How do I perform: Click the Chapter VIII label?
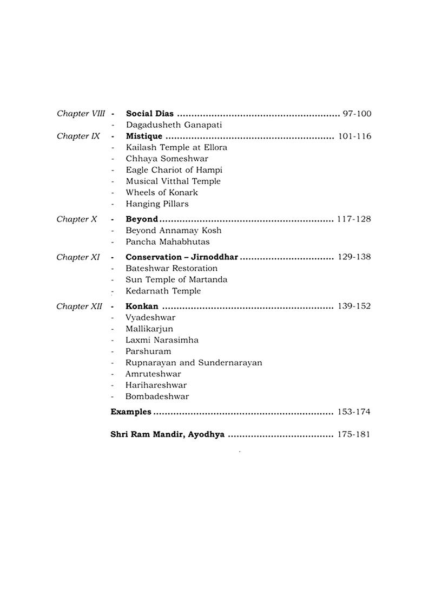81,114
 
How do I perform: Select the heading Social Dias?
150,114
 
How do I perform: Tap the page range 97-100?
357,114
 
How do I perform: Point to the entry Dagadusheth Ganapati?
167,125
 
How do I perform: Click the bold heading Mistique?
144,136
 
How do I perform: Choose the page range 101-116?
354,136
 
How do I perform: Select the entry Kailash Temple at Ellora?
176,147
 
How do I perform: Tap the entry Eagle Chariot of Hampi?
174,170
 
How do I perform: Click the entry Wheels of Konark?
162,192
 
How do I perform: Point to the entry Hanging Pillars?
157,204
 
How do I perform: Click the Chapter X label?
77,219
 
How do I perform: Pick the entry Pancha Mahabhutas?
168,242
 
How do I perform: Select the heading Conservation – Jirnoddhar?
182,257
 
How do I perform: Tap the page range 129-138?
354,257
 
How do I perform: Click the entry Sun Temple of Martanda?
176,280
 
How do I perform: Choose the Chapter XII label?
79,306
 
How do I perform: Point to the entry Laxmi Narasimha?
162,340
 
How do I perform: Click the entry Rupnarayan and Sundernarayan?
194,363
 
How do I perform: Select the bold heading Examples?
131,412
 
